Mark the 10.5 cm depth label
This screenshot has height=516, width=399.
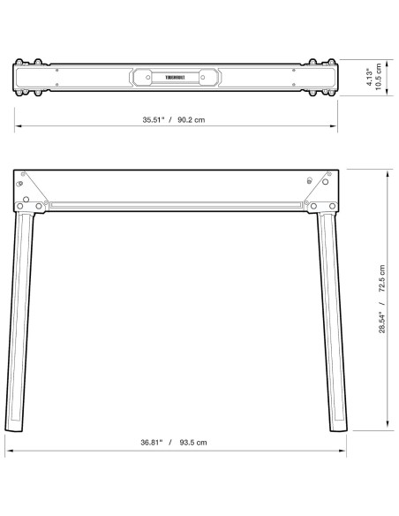click(380, 78)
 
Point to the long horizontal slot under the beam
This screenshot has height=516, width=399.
click(177, 206)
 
